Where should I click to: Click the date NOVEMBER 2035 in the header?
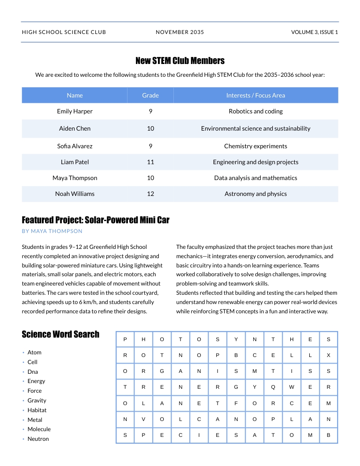point(180,32)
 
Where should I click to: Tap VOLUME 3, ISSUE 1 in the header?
point(314,32)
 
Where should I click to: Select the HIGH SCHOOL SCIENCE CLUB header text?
point(64,32)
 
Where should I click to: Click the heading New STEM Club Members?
point(180,61)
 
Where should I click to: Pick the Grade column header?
point(150,95)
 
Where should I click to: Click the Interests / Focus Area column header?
point(255,95)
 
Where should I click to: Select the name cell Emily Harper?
point(75,111)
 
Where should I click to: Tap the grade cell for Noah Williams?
point(150,194)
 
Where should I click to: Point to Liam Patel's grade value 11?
point(150,162)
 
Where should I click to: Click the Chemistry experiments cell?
point(255,146)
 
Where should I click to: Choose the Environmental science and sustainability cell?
point(255,128)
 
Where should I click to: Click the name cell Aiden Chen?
point(75,128)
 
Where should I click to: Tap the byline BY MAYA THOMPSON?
point(52,231)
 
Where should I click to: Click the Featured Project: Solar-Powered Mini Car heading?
point(95,220)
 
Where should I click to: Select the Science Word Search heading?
point(60,334)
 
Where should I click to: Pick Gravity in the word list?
point(37,401)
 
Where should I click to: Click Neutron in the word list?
point(38,439)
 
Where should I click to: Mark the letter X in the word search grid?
point(328,355)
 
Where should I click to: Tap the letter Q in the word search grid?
point(273,387)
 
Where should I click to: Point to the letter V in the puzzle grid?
point(143,420)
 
